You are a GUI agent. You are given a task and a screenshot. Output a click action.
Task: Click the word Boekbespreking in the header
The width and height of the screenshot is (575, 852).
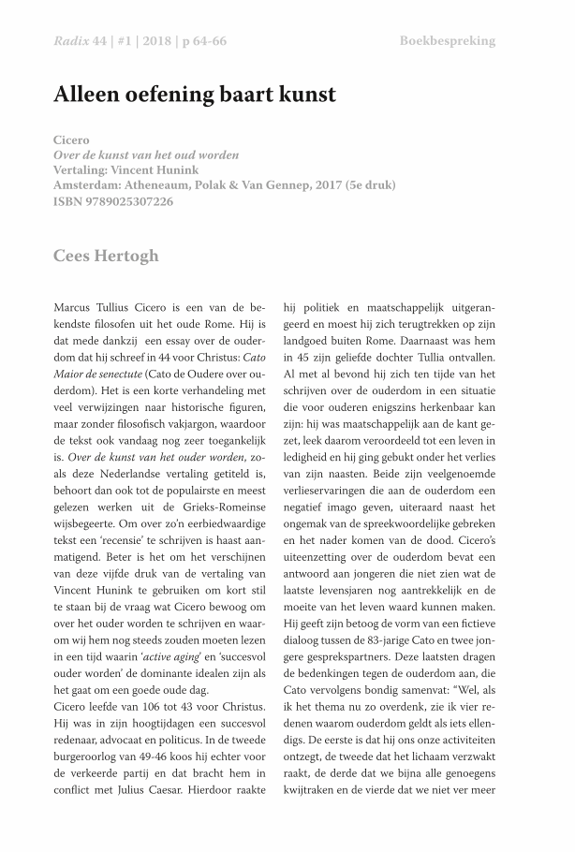(x=447, y=41)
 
